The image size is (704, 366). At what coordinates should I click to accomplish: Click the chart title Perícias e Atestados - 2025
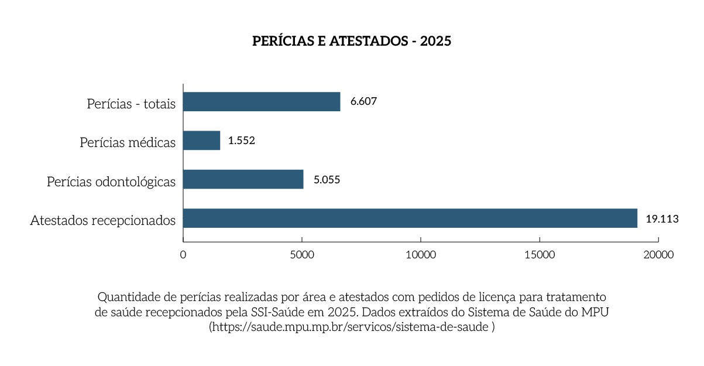pyautogui.click(x=352, y=42)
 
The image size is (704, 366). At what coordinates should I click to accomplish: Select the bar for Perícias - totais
pyautogui.click(x=262, y=101)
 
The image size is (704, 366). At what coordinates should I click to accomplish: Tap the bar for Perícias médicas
pyautogui.click(x=201, y=141)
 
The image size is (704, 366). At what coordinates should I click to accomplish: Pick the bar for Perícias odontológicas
pyautogui.click(x=243, y=179)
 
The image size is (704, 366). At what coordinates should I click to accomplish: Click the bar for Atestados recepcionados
pyautogui.click(x=410, y=218)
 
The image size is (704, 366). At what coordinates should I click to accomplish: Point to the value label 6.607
pyautogui.click(x=363, y=101)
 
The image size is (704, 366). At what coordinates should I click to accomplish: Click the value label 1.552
pyautogui.click(x=242, y=141)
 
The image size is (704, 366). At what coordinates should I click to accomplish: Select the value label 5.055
pyautogui.click(x=327, y=180)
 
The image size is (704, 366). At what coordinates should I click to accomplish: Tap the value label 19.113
pyautogui.click(x=662, y=219)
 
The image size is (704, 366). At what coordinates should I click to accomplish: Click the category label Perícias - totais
pyautogui.click(x=131, y=104)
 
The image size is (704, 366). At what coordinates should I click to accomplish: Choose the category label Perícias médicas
pyautogui.click(x=128, y=143)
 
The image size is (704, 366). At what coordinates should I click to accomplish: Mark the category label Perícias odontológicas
pyautogui.click(x=111, y=182)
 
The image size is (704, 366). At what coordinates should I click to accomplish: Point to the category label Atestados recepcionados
pyautogui.click(x=103, y=221)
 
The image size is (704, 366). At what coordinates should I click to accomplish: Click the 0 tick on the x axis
pyautogui.click(x=183, y=255)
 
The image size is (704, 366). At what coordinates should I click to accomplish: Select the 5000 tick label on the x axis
pyautogui.click(x=301, y=255)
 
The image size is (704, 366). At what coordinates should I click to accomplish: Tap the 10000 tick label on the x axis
pyautogui.click(x=421, y=255)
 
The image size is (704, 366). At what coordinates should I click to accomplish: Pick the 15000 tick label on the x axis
pyautogui.click(x=540, y=255)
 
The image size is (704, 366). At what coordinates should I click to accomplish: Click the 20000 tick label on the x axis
pyautogui.click(x=658, y=255)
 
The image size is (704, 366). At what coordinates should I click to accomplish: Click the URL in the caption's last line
pyautogui.click(x=351, y=327)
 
